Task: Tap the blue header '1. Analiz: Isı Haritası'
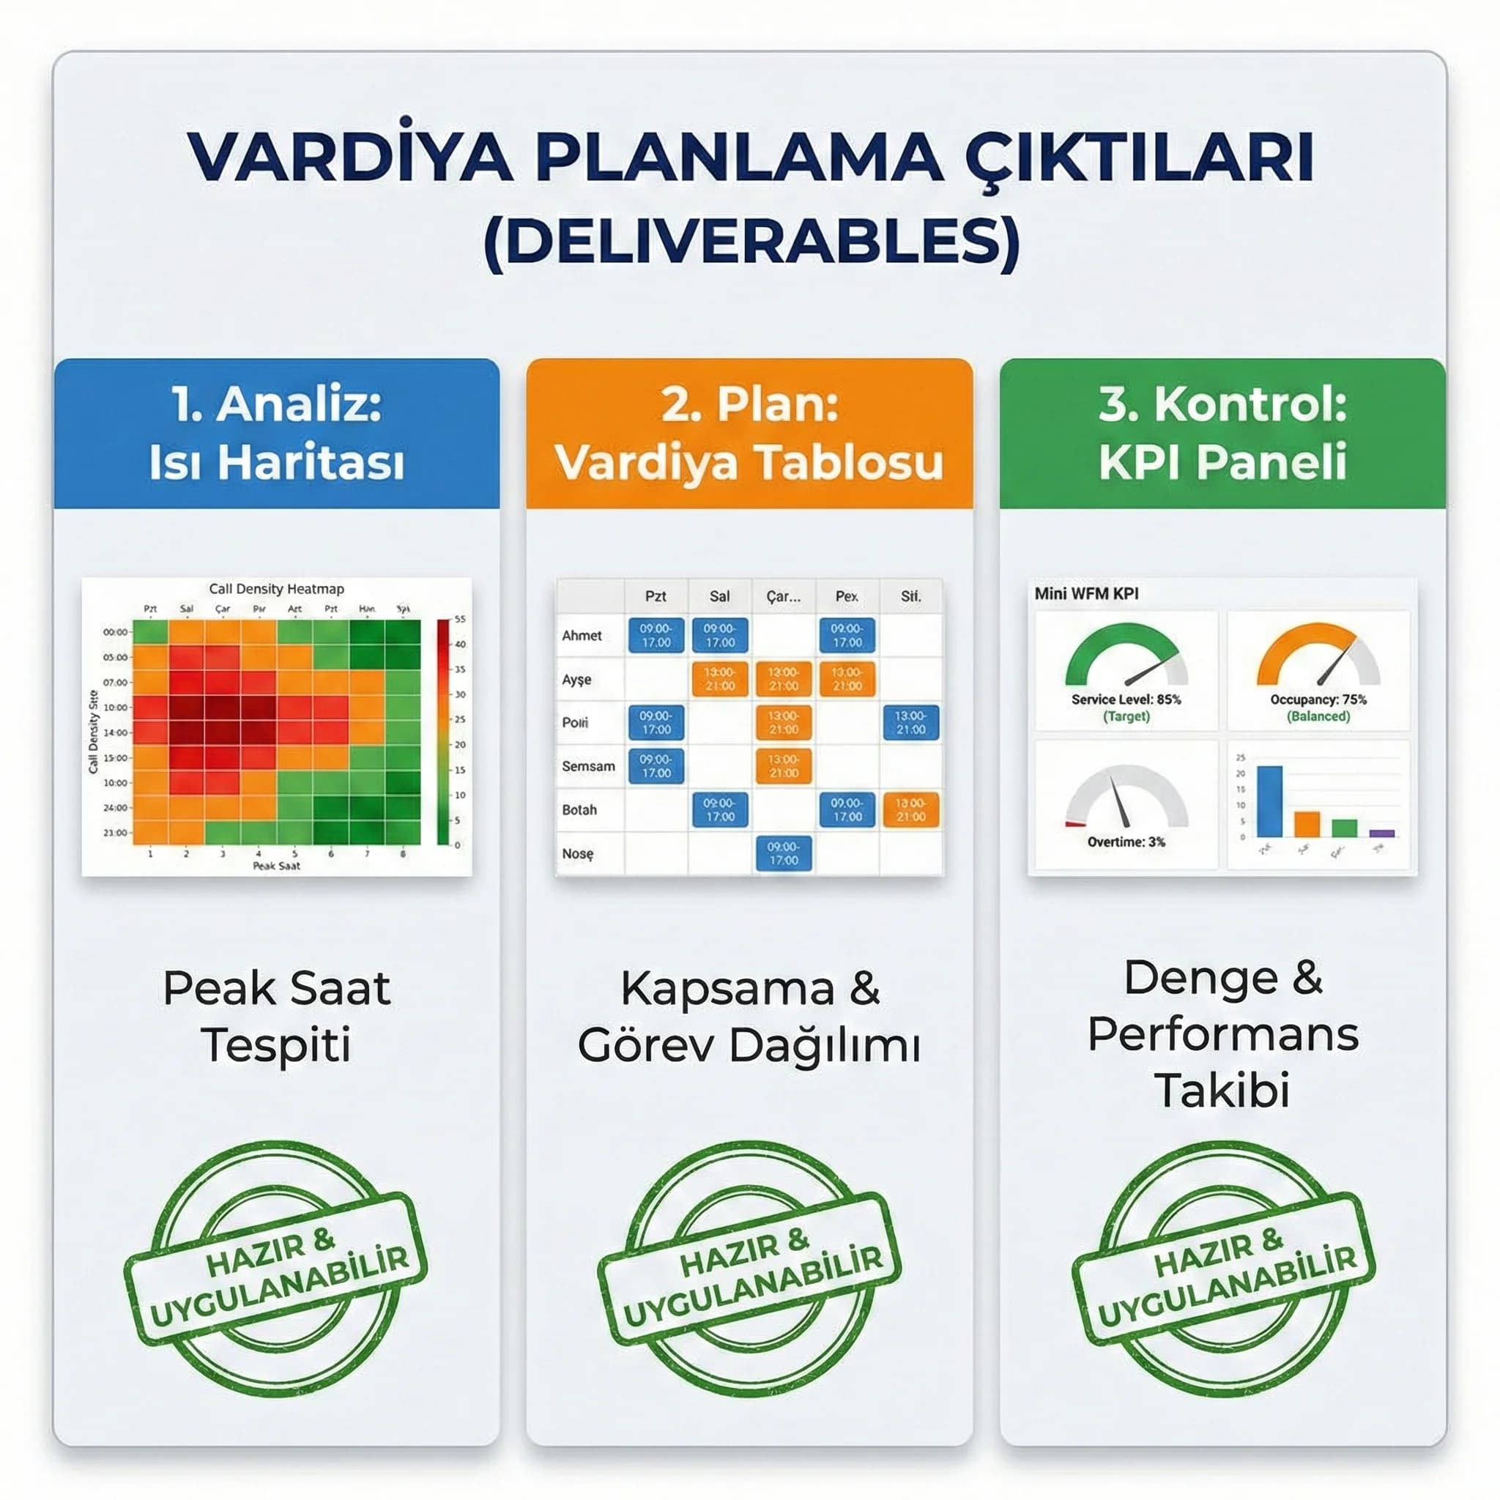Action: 276,434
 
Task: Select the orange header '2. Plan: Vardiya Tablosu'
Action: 749,434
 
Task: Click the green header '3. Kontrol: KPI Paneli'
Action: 1222,434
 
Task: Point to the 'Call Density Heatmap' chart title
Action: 276,589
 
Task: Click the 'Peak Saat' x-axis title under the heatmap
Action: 276,866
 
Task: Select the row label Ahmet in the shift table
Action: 582,636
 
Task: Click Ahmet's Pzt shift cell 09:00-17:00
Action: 656,636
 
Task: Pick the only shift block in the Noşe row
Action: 783,853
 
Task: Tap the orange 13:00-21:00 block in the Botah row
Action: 910,810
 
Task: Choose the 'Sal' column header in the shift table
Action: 719,596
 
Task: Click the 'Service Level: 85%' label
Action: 1126,699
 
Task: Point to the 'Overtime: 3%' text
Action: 1126,842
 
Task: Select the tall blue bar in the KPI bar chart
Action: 1269,801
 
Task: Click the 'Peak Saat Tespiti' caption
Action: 276,1017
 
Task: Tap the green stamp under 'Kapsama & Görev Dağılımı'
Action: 749,1269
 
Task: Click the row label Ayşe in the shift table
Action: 577,680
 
